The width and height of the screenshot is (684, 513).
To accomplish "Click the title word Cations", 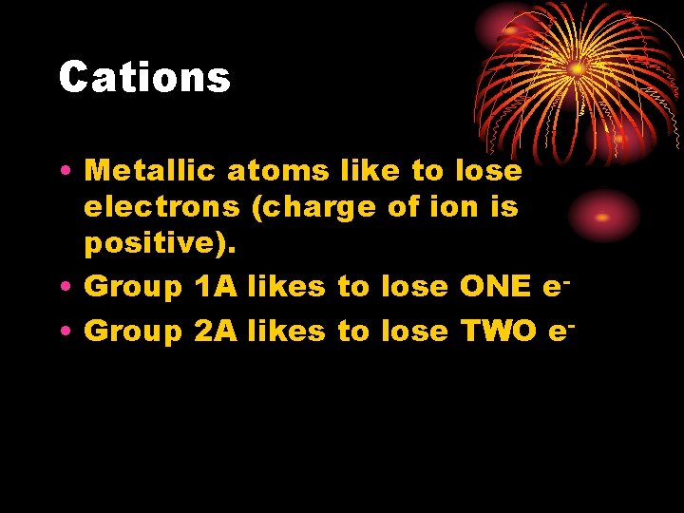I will [x=144, y=77].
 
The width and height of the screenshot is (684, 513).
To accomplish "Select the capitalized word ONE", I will [x=494, y=286].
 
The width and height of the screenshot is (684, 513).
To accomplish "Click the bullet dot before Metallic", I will [x=62, y=172].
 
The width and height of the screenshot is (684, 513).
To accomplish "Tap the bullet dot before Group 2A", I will [x=62, y=332].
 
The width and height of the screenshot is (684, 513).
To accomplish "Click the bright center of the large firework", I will [x=576, y=68].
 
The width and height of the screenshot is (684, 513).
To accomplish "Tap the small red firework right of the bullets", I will [x=601, y=217].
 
